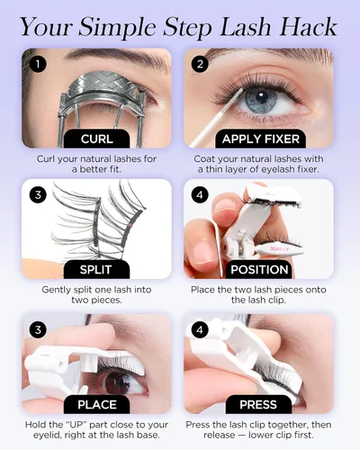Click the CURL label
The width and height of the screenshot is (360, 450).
coord(97,139)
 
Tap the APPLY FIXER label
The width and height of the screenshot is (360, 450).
coord(261,139)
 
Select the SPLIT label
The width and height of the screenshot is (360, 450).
coord(96,269)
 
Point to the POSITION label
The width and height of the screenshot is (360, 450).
coord(259,269)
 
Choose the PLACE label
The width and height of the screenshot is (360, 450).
coord(97,404)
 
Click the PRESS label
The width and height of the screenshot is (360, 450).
coord(258,404)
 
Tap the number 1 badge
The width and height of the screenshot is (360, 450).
coord(38,64)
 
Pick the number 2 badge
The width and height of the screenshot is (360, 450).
coord(200,64)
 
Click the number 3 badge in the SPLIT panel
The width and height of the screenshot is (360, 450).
coord(38,194)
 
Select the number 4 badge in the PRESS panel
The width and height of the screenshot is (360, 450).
coord(200,330)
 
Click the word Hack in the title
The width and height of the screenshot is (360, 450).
coord(309,27)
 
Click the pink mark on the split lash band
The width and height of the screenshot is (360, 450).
coord(130,224)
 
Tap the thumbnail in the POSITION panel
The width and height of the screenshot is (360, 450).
coord(203,250)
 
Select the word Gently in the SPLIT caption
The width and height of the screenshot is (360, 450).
coord(57,290)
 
